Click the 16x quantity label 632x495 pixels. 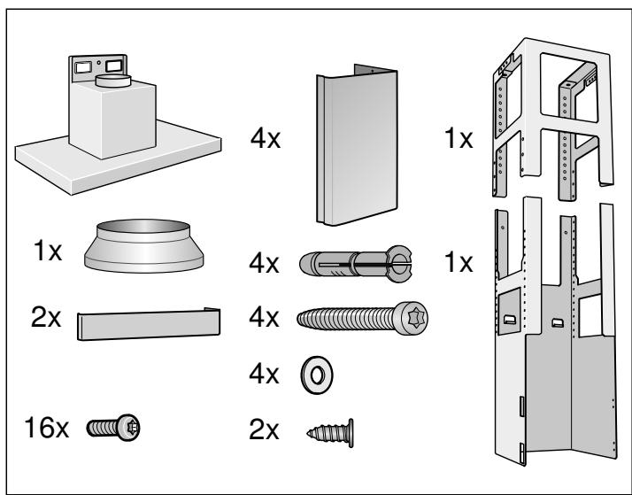[x=46, y=428]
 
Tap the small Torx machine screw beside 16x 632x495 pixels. [x=113, y=428]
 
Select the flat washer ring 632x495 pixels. [x=317, y=375]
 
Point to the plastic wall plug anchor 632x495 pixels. [x=356, y=264]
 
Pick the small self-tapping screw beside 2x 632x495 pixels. [x=330, y=433]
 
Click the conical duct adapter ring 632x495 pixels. [x=144, y=246]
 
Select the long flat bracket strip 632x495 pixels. [x=149, y=324]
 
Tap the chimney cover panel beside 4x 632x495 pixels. [x=357, y=145]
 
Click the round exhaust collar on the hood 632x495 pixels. [x=113, y=81]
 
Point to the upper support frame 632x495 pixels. [x=552, y=119]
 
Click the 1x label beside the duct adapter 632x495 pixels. [x=48, y=251]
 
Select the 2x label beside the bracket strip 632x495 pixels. [x=46, y=318]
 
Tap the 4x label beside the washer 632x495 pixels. [x=264, y=374]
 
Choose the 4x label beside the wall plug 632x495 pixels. [x=264, y=264]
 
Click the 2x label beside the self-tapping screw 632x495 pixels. [x=264, y=429]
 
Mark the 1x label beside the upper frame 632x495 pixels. [x=459, y=139]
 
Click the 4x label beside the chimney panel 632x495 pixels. [x=266, y=139]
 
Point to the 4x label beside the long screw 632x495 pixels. [x=264, y=317]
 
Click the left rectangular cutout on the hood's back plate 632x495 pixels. [x=83, y=67]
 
